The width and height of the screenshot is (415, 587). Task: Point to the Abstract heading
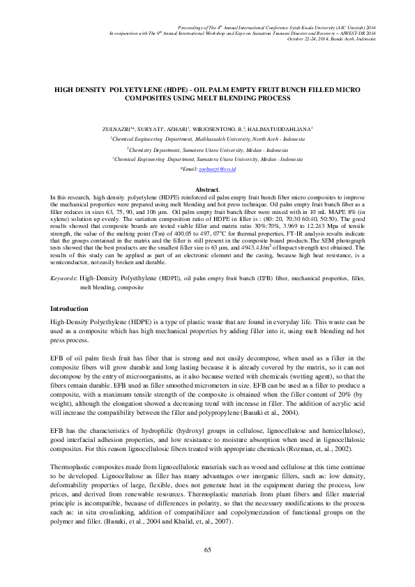click(x=207, y=190)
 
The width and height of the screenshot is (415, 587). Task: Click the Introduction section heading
click(x=69, y=308)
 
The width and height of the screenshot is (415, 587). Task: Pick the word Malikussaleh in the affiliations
click(x=216, y=139)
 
